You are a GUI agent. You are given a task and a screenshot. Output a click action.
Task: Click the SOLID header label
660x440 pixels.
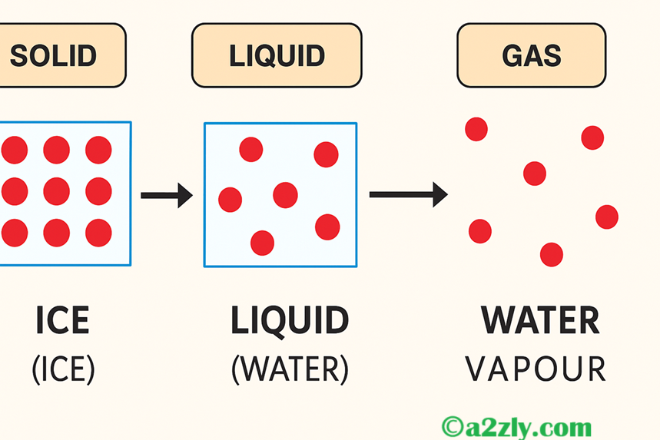pos(54,55)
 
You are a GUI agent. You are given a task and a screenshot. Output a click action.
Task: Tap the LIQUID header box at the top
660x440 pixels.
pos(277,55)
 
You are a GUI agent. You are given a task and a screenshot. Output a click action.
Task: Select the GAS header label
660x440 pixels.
pos(531,55)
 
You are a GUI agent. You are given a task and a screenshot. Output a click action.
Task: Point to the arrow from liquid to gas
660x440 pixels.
pos(408,194)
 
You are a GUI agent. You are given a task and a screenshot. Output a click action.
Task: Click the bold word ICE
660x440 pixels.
pos(62,321)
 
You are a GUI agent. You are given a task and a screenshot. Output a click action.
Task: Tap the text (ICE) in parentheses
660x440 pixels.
pos(63,369)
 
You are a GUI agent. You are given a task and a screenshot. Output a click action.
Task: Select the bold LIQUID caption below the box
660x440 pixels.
pos(290,321)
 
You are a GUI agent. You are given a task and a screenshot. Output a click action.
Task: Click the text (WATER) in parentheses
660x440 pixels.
pos(290,369)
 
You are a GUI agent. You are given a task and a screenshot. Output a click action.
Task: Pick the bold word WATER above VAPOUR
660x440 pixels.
pos(540,321)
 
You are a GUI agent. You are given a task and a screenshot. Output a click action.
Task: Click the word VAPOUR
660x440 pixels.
pos(536,369)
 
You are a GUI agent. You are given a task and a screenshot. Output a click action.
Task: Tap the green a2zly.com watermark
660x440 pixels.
pos(516,426)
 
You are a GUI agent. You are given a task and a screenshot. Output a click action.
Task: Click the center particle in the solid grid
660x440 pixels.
pos(56,191)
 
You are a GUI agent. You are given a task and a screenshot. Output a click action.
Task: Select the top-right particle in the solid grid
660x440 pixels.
pos(98,150)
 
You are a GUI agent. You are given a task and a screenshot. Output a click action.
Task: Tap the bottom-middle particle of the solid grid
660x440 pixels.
pos(56,232)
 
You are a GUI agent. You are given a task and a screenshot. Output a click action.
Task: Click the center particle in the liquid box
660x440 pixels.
pos(285,195)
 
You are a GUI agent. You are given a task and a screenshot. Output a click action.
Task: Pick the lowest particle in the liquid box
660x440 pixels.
pos(262,243)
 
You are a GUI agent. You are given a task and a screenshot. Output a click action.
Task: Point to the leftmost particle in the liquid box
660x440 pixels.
pos(230,200)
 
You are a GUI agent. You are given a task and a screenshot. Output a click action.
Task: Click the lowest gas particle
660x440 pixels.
pos(552,254)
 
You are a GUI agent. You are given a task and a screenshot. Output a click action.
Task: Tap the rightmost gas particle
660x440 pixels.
pos(607,217)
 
